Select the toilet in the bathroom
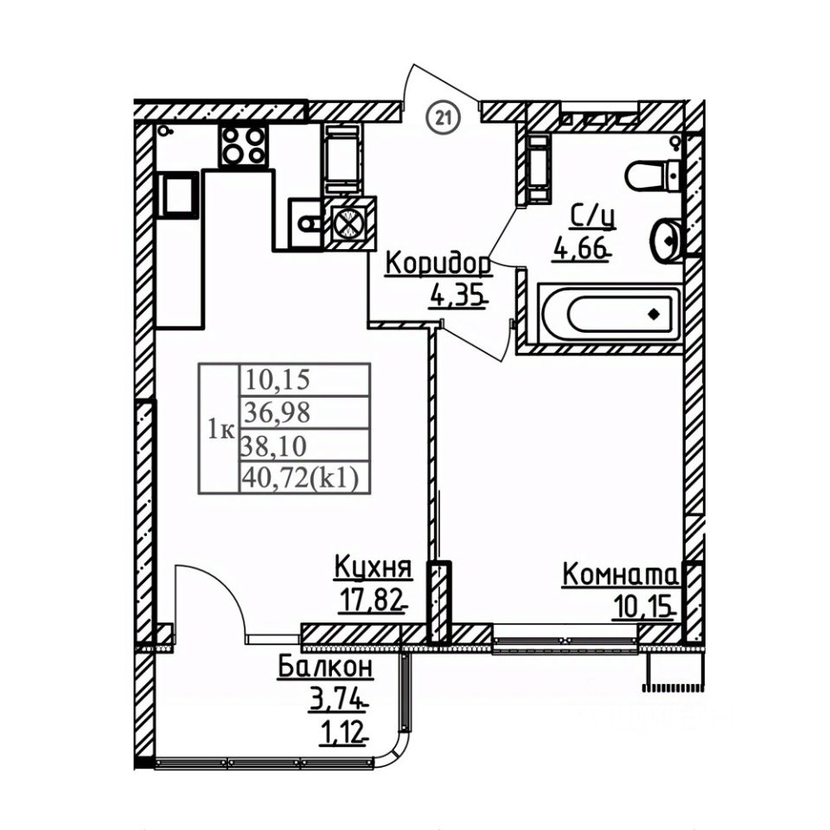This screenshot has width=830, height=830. [653, 176]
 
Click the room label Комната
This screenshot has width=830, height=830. [622, 574]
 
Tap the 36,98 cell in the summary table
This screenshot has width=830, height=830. [277, 412]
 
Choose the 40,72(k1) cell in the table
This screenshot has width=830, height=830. [302, 477]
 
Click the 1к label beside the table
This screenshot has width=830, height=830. [220, 429]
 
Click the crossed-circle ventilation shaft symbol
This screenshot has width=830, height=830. [348, 224]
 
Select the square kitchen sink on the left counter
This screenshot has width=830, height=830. [180, 195]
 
